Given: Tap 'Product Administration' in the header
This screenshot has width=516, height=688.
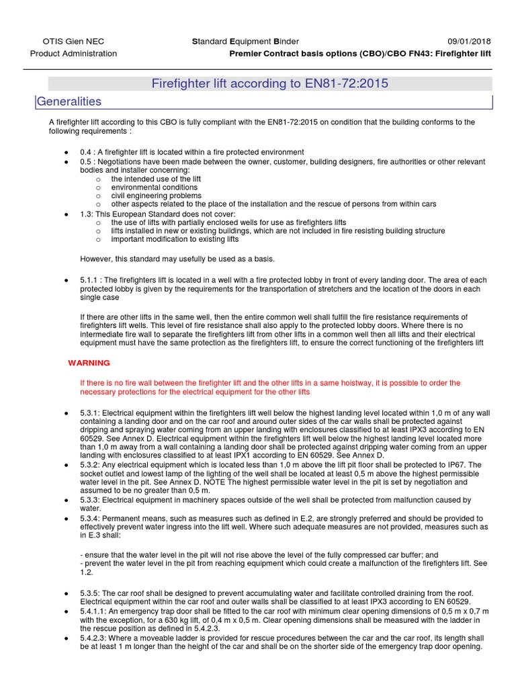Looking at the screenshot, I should pos(74,54).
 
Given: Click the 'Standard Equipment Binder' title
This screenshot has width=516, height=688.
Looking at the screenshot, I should pos(245,41).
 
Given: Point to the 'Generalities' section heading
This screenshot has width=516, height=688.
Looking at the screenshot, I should pos(69,101).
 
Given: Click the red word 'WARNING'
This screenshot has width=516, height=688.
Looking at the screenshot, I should pos(89,363).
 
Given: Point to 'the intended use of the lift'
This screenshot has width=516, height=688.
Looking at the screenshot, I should pos(156,179).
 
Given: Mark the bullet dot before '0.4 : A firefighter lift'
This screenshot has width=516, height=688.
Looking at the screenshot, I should pos(66,153).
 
